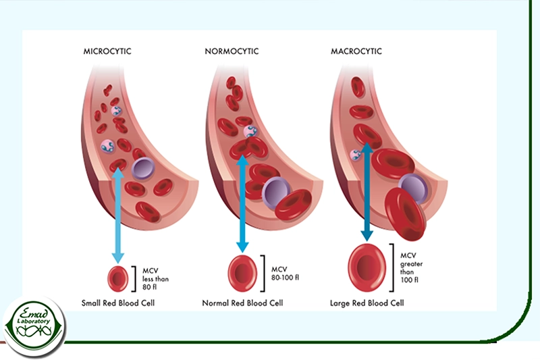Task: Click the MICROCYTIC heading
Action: (107, 51)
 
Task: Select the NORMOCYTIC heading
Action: (232, 51)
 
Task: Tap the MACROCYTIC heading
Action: (356, 51)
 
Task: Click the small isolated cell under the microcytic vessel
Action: (118, 277)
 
